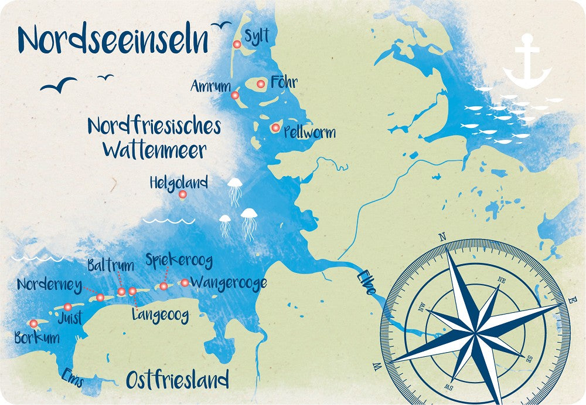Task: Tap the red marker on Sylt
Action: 237,44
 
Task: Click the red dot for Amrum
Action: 235,95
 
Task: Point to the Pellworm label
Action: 309,131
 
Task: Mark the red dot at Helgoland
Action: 182,194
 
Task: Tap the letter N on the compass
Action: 442,237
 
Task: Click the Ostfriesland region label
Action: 177,380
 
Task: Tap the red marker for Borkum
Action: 33,323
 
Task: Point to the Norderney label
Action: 49,285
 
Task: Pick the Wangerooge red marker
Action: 185,283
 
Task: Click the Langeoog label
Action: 160,316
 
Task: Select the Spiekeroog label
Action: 179,260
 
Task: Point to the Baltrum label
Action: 110,266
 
